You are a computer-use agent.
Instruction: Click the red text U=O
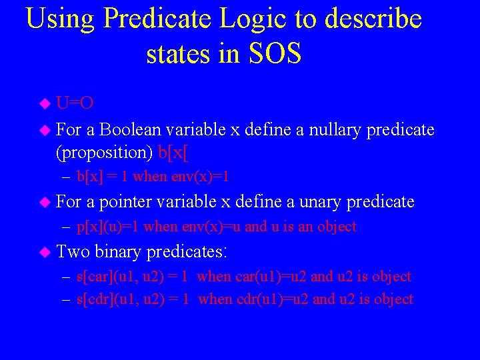[75, 103]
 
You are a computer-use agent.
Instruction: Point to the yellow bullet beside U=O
[45, 104]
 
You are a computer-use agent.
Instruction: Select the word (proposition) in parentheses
[105, 152]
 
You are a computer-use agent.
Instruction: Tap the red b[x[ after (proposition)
[173, 152]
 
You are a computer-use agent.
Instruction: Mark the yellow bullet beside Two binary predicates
[45, 252]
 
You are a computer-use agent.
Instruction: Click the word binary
[118, 252]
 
